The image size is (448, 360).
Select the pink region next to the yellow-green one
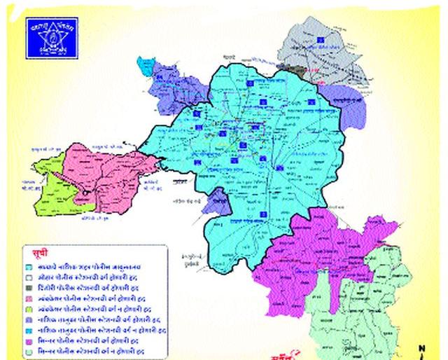coord(105,172)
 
